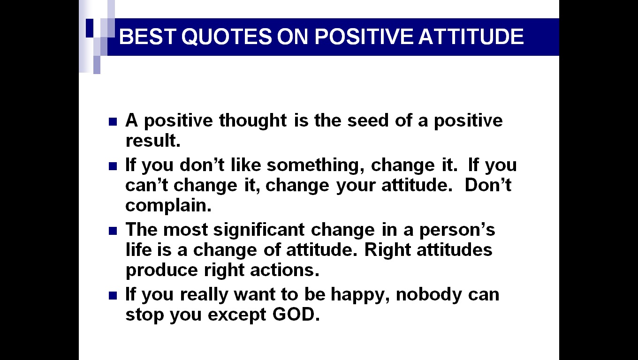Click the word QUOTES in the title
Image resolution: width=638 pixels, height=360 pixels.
coord(227,37)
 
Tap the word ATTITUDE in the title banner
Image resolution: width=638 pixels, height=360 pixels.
coord(471,37)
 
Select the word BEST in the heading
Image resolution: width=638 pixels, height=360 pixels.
coord(147,37)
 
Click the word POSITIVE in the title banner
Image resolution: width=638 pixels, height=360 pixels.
coord(364,37)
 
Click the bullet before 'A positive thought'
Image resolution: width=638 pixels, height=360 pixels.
coord(113,122)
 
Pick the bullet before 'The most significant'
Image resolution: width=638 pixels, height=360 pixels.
coord(113,231)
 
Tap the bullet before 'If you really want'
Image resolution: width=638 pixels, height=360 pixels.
coord(113,296)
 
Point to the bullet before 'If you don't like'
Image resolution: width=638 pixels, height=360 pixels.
coord(113,166)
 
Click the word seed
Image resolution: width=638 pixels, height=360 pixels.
coord(368,120)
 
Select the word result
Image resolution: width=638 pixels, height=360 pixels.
coord(152,140)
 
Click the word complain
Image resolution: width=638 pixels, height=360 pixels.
coord(168,206)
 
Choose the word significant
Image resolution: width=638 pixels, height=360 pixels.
coord(259,230)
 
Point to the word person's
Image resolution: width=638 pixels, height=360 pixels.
coord(457,230)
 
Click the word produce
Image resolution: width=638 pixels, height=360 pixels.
coord(162,270)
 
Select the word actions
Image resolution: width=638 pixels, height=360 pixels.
coord(285,270)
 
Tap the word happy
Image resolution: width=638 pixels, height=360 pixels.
coord(360,295)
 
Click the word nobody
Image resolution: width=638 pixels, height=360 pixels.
coord(429,294)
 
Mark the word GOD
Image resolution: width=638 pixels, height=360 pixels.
coord(296,315)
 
